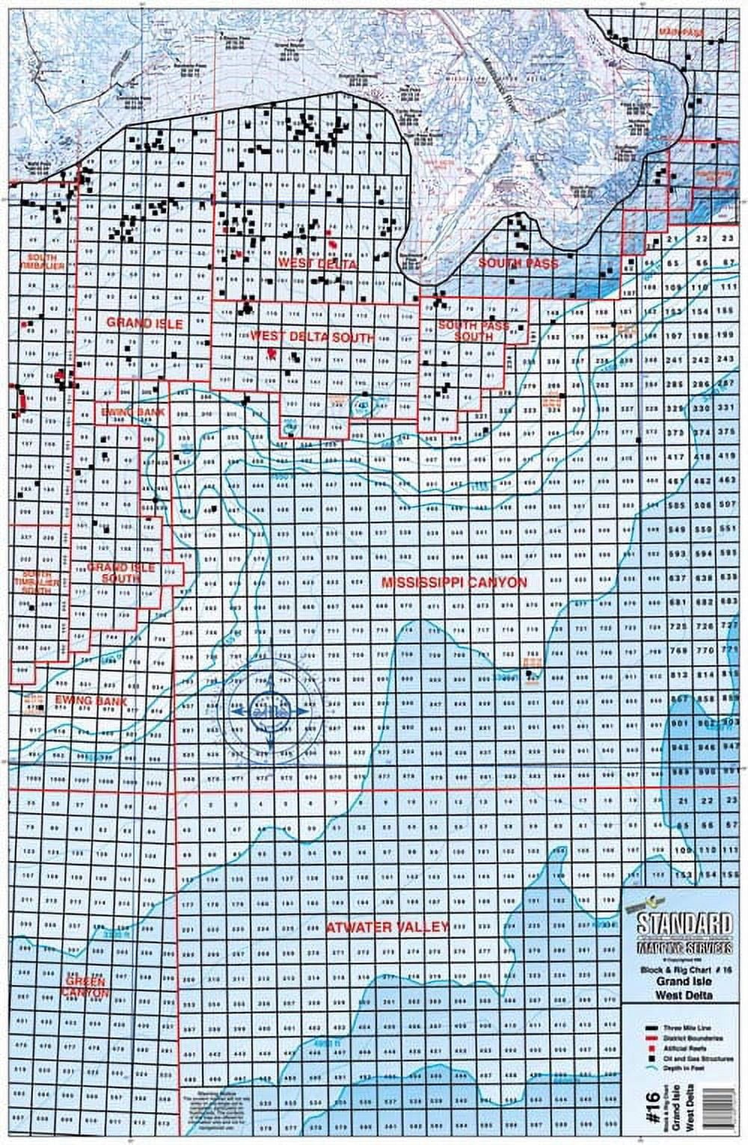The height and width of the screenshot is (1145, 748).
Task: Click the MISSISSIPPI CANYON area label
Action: tap(453, 583)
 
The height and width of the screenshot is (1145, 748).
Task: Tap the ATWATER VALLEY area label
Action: tap(387, 927)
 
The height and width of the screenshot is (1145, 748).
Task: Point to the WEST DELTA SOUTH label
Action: tap(312, 337)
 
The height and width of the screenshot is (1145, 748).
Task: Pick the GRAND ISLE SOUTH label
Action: tap(121, 573)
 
